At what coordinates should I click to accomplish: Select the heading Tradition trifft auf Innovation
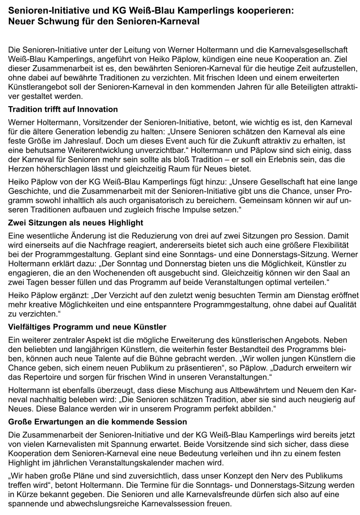pos(63,109)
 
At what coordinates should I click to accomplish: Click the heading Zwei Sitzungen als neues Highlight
pos(76,223)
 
